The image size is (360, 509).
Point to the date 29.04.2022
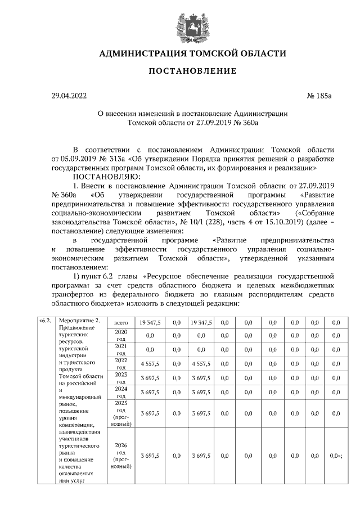point(70,96)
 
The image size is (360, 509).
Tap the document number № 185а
point(319,96)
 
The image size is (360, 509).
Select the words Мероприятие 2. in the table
point(79,322)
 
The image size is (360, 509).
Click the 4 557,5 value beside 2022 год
point(150,363)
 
